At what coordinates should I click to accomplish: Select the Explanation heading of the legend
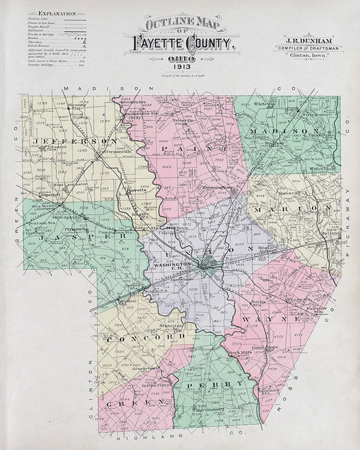(x=56, y=12)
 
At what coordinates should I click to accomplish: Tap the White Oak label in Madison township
(x=265, y=104)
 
